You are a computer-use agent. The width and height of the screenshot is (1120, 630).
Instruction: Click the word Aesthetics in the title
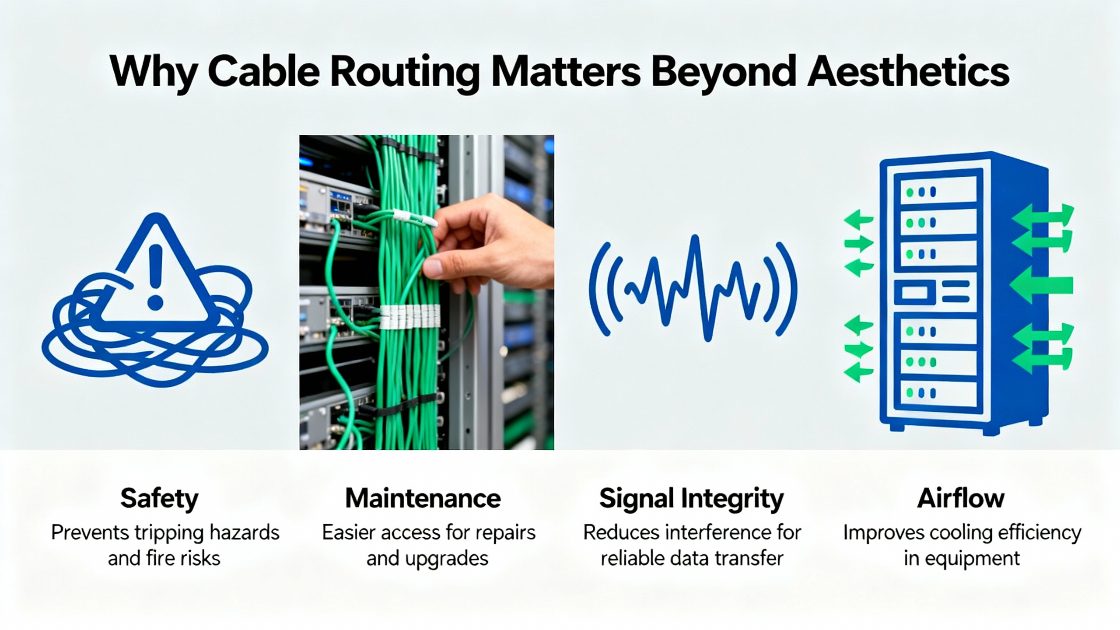tap(908, 71)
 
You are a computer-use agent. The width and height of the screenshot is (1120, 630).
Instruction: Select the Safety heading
tap(159, 499)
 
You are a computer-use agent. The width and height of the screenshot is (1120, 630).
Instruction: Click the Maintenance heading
tap(423, 499)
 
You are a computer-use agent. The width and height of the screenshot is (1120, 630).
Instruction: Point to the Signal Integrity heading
tap(691, 499)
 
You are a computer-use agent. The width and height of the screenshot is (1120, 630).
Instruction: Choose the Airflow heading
tap(961, 499)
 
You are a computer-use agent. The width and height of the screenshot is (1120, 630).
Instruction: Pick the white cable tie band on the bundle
tap(409, 317)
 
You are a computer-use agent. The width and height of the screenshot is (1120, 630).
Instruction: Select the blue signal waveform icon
tap(693, 289)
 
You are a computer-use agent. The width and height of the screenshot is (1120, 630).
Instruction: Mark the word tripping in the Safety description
tap(169, 533)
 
